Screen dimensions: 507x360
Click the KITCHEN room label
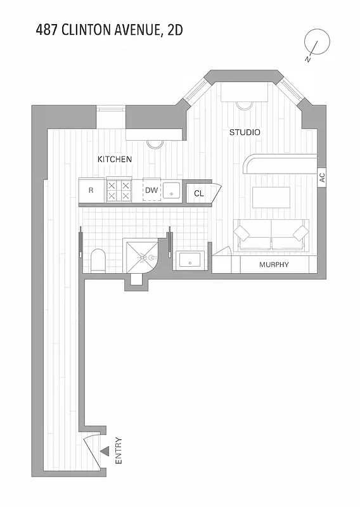(x=114, y=159)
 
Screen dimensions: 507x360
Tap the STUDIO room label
(x=244, y=132)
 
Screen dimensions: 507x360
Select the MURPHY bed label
(x=274, y=264)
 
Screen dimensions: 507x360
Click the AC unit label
(x=322, y=178)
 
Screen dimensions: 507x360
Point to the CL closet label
(x=199, y=193)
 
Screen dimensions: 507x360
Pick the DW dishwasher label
(x=151, y=189)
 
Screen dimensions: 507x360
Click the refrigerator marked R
(x=91, y=189)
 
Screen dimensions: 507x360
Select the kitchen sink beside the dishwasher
(x=171, y=190)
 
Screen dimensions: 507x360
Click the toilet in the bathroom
(x=98, y=260)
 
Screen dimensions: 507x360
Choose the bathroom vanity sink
(x=191, y=259)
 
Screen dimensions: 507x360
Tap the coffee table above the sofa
(x=271, y=198)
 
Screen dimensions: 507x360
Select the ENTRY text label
(x=119, y=452)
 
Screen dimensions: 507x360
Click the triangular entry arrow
(x=105, y=451)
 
